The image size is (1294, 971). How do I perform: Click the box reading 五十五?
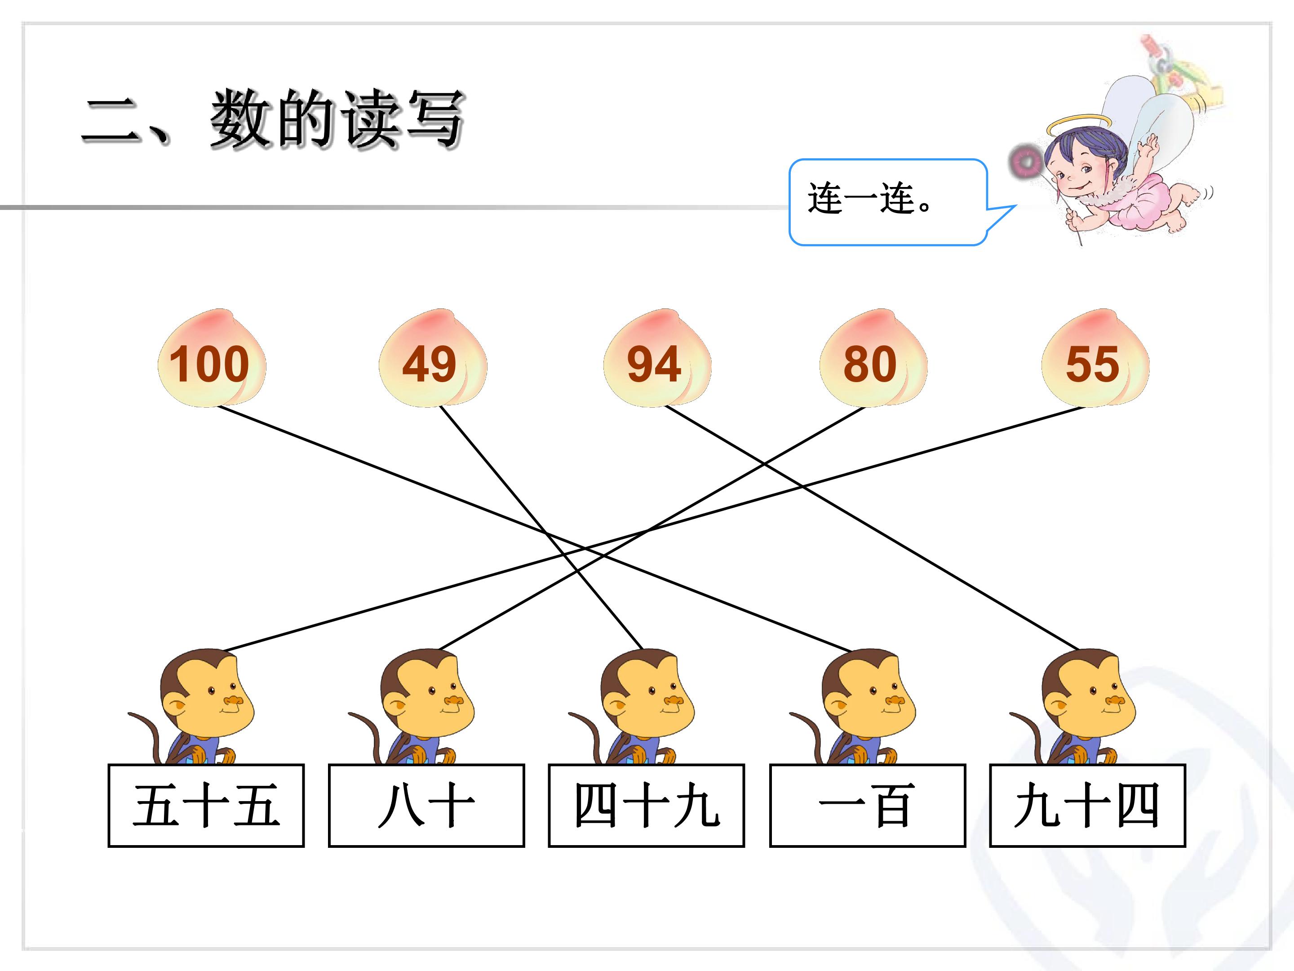(x=206, y=806)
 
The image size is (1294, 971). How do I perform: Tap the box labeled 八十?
(x=426, y=806)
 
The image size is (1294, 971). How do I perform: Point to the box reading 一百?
(x=867, y=806)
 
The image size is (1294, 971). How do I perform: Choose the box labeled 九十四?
(x=1087, y=806)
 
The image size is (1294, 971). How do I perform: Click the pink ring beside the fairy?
(x=1025, y=161)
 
